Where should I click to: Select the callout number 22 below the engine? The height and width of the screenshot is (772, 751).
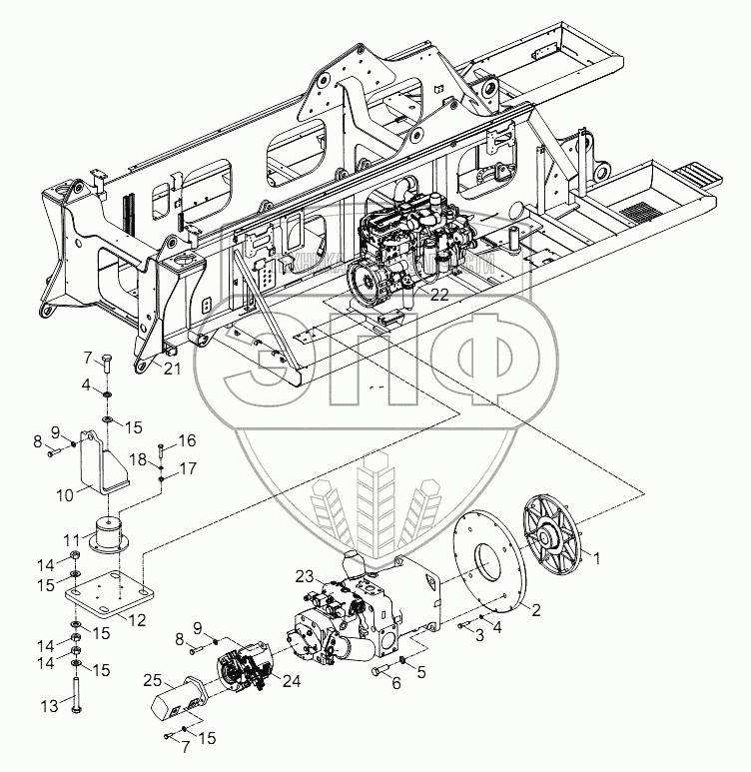coord(438,293)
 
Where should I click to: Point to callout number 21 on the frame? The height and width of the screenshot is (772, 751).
coord(173,370)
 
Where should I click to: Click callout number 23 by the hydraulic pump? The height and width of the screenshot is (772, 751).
coord(304,575)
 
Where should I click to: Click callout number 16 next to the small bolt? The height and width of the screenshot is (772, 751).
coord(188,440)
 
